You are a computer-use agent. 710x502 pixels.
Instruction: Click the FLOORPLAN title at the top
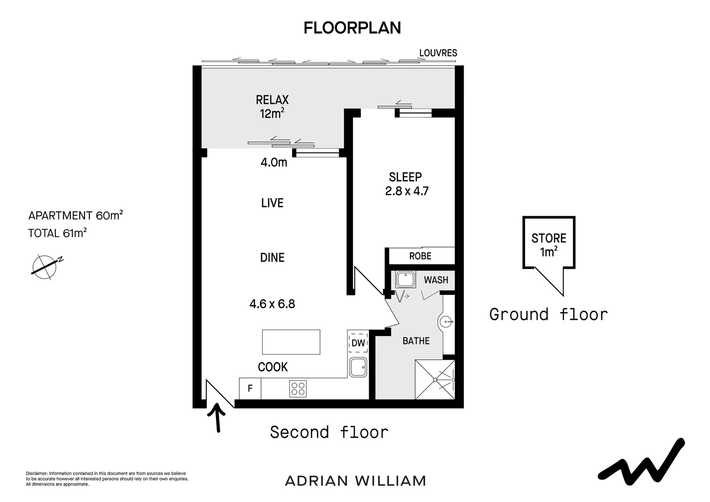click(x=352, y=28)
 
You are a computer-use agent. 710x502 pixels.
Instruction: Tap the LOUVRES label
click(x=438, y=53)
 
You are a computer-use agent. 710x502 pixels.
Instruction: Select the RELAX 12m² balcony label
click(x=272, y=106)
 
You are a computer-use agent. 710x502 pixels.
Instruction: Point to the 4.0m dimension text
click(x=274, y=162)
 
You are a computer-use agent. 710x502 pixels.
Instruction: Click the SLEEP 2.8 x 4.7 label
click(x=406, y=184)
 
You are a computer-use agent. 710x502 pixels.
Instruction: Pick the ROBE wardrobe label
click(x=420, y=256)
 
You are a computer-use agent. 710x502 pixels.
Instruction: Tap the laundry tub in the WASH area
click(x=405, y=280)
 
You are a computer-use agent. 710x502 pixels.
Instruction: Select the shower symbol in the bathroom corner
click(x=435, y=379)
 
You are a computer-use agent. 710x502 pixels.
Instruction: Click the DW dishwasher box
click(x=358, y=343)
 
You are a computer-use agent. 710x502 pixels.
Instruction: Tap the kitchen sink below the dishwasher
click(x=358, y=367)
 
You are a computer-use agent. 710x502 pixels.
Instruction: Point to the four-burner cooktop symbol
click(x=298, y=389)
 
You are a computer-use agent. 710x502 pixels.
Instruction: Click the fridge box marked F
click(x=250, y=389)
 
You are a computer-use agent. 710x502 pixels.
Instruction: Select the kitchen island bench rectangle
click(x=291, y=342)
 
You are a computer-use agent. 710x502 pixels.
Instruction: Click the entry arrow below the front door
click(x=217, y=417)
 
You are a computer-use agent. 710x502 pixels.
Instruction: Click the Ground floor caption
click(x=548, y=315)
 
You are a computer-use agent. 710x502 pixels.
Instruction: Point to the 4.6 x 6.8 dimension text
click(x=272, y=304)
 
